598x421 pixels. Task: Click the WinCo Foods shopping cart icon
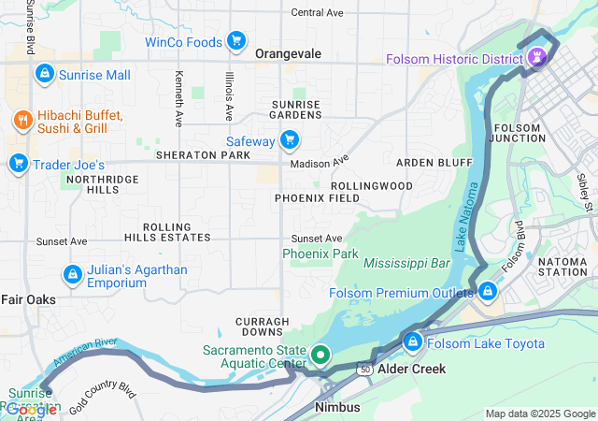(x=236, y=42)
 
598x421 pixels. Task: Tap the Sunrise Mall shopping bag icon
(x=43, y=74)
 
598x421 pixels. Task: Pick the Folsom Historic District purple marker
(x=537, y=59)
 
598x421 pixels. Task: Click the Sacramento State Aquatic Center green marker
(x=320, y=355)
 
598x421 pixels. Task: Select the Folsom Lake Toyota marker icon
(x=412, y=343)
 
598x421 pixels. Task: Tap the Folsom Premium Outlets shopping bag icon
(x=486, y=292)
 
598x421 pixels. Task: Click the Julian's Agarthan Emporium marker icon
(x=71, y=275)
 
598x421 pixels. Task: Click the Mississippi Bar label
(x=408, y=263)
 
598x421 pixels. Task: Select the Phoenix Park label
(x=320, y=254)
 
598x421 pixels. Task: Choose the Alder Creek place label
(x=411, y=369)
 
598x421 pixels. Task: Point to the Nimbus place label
(x=337, y=408)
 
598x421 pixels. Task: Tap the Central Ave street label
(x=318, y=12)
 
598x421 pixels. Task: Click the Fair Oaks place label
(x=28, y=299)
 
